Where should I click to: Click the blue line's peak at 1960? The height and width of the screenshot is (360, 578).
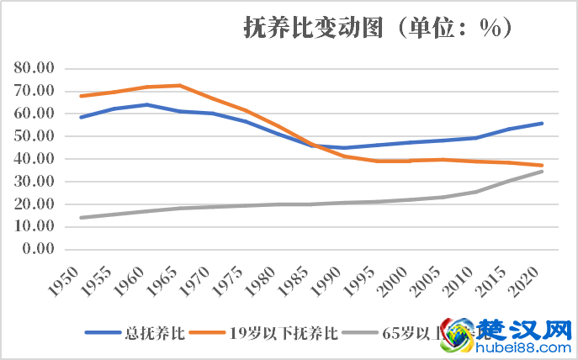(x=147, y=104)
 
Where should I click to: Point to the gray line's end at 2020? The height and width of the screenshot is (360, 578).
(x=543, y=172)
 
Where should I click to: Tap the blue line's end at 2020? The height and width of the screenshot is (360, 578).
(x=543, y=123)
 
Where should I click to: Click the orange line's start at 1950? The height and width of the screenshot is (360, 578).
(x=82, y=96)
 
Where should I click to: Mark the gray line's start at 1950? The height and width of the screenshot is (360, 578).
(x=82, y=218)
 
